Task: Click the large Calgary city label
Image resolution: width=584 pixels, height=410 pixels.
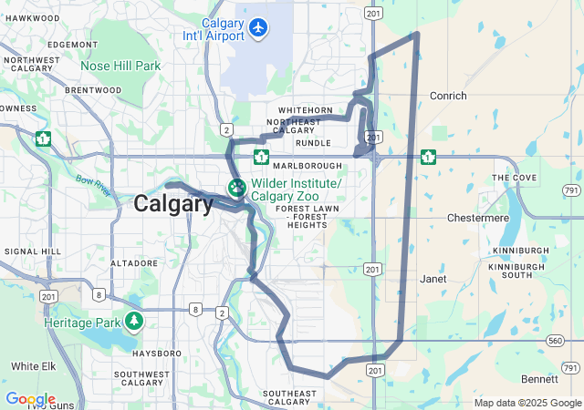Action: point(173,204)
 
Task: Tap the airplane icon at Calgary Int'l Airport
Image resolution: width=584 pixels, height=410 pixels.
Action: point(258,28)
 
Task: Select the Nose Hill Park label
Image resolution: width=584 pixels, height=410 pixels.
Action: point(120,66)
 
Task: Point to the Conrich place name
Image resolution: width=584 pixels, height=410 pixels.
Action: point(447,96)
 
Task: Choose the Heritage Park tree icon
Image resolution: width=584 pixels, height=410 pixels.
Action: point(135,321)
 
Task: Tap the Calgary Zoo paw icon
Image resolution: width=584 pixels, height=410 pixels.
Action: point(237,189)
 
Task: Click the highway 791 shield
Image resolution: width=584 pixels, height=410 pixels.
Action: point(571,190)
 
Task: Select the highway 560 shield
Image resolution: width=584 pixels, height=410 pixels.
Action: point(556,340)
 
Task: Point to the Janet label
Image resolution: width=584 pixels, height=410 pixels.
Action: point(433,279)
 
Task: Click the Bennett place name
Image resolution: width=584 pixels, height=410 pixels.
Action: point(539,378)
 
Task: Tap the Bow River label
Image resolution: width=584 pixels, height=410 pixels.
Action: point(93,186)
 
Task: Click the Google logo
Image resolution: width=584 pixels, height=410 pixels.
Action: point(30,399)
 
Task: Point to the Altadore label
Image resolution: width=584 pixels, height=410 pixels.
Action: point(134,262)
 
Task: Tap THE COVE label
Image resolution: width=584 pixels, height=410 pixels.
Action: point(514,178)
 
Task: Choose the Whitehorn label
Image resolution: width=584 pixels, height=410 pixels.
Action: point(292,110)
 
